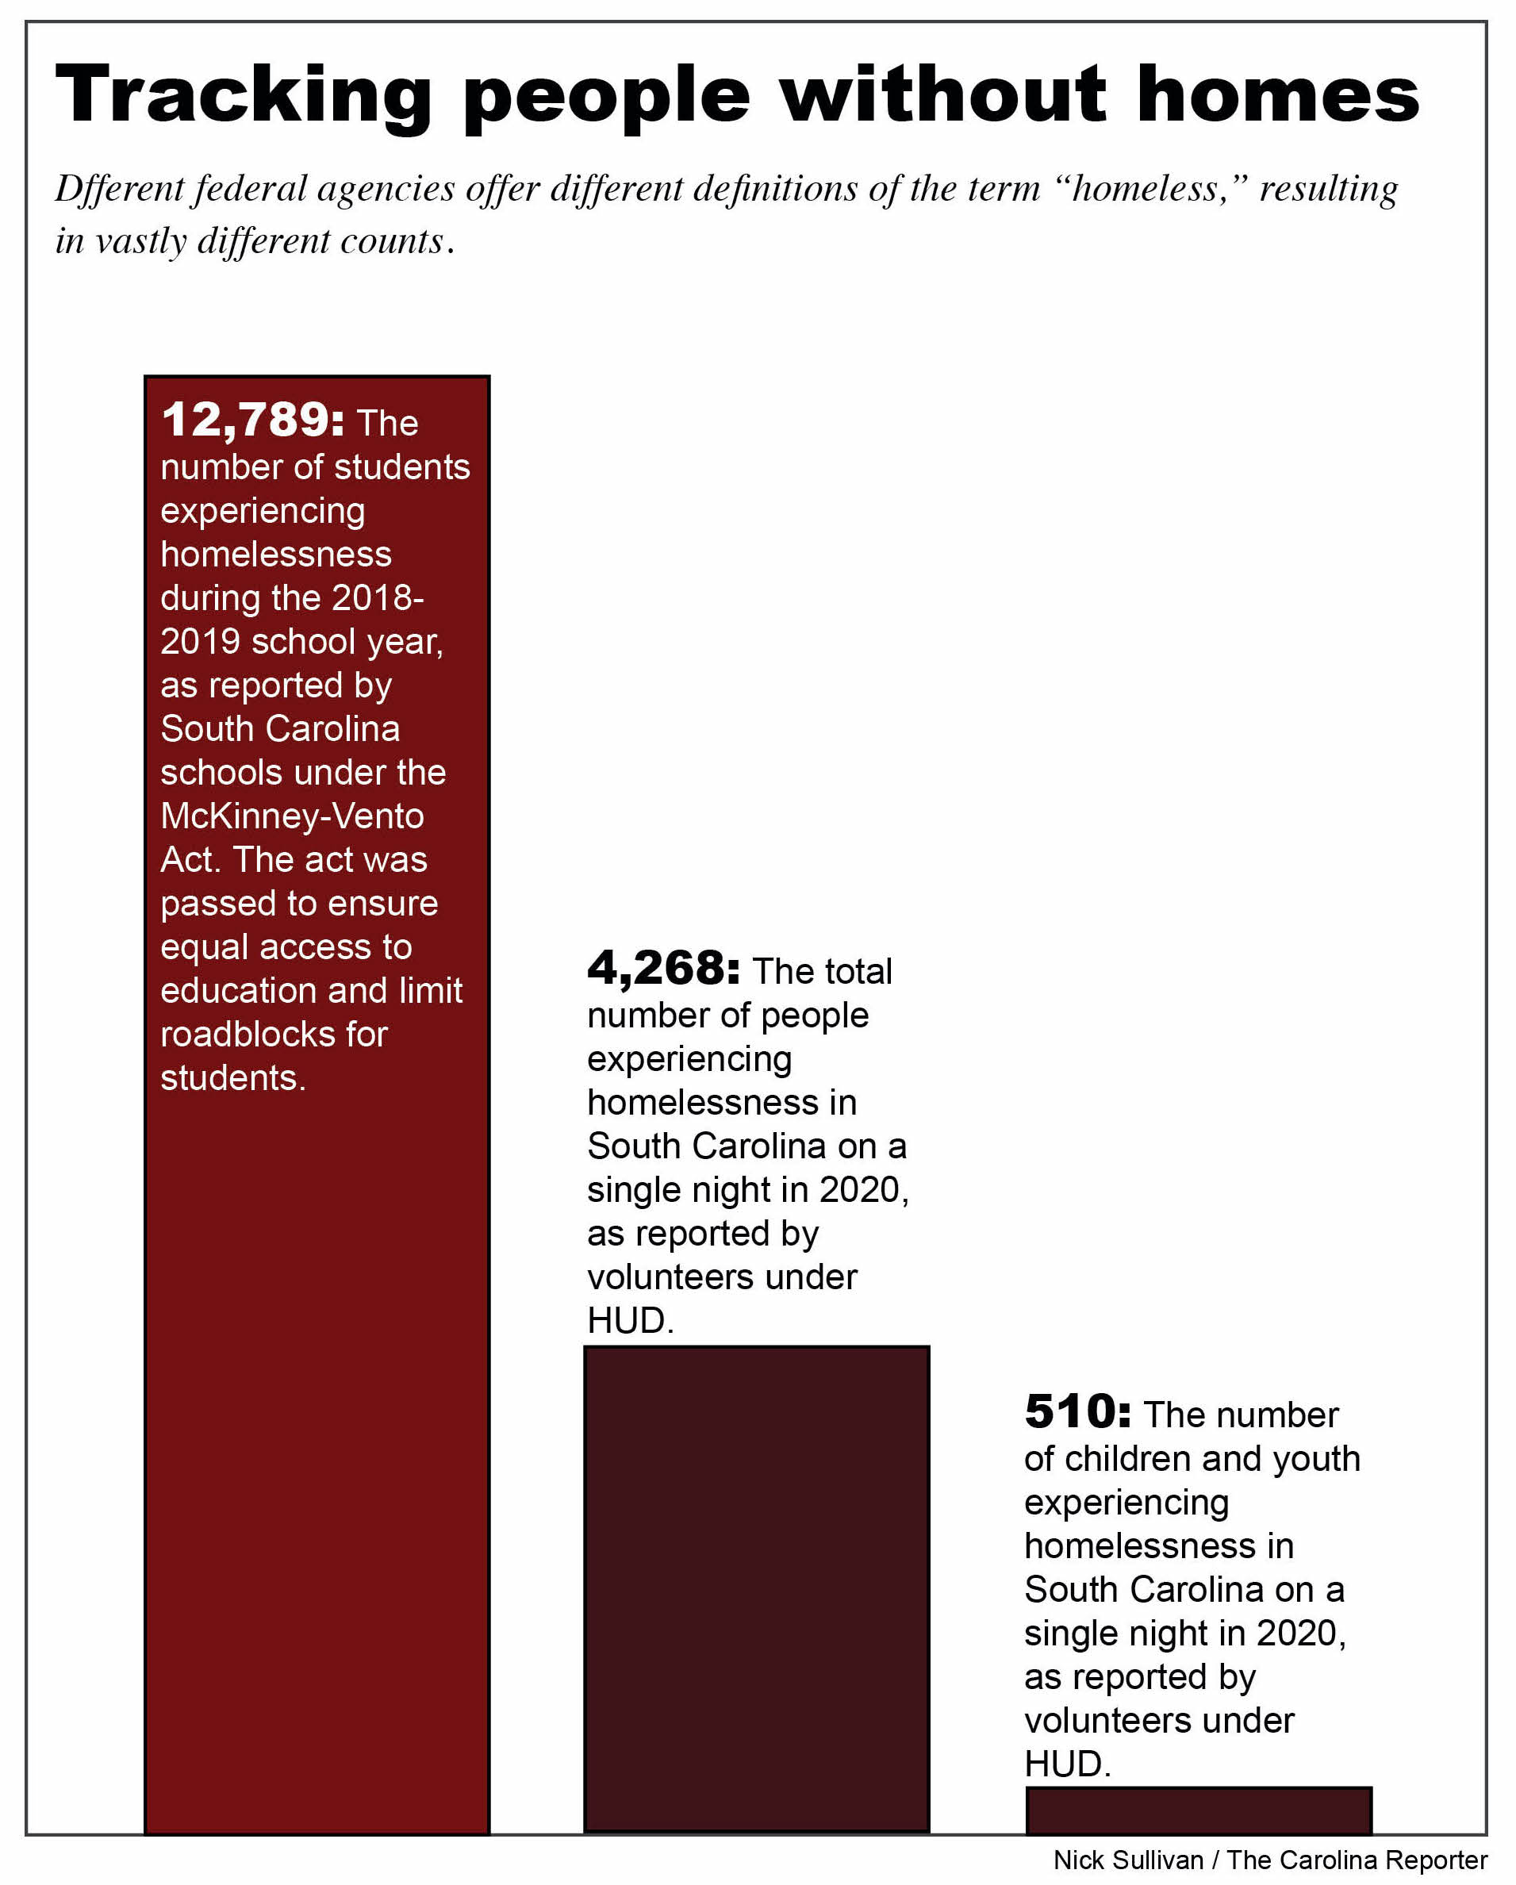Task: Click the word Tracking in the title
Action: (x=243, y=96)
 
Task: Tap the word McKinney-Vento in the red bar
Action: (x=292, y=816)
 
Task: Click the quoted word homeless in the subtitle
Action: (x=1146, y=189)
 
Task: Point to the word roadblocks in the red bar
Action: (x=248, y=1035)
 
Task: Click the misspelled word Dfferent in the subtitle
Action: (x=119, y=189)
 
